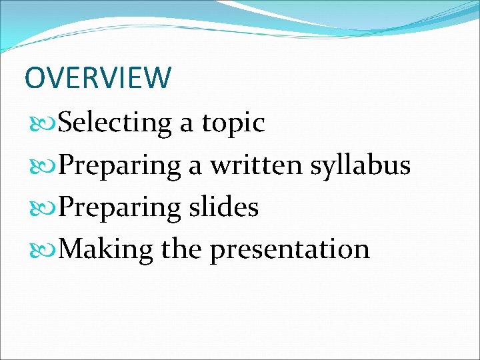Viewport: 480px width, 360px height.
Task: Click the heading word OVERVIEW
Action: (97, 77)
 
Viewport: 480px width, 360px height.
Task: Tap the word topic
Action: (234, 124)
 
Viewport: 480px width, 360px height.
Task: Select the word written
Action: (257, 165)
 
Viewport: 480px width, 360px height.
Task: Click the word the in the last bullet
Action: (182, 249)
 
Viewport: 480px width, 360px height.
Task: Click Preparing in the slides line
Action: (119, 209)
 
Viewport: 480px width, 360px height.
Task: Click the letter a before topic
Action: (187, 124)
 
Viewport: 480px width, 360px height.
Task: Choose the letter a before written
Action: (195, 166)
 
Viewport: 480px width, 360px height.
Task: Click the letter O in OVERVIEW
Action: (35, 77)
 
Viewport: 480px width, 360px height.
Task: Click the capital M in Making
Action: (72, 249)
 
